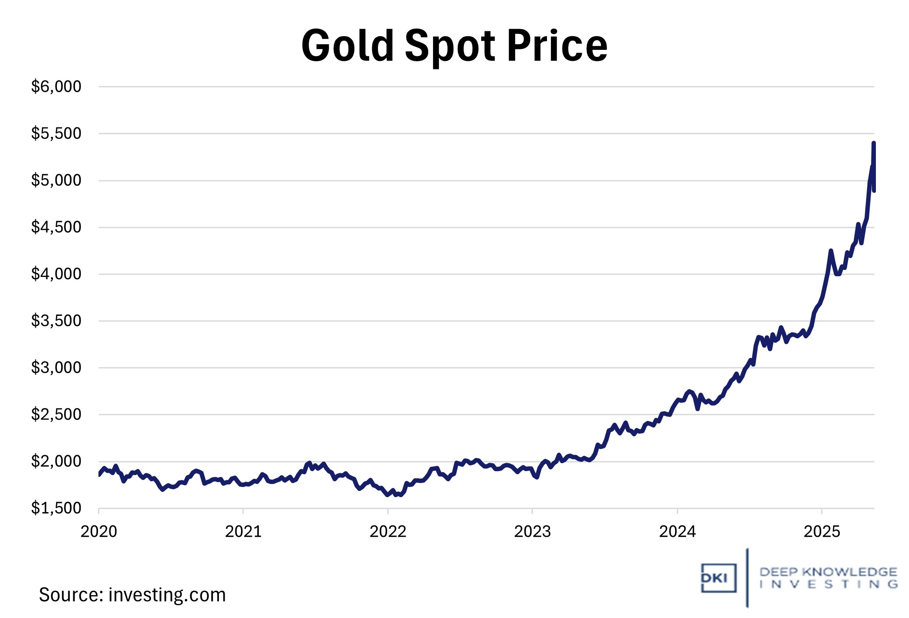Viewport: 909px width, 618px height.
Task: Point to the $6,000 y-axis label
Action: coord(56,86)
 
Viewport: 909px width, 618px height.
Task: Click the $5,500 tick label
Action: coord(56,133)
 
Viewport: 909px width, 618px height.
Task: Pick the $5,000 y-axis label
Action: coord(56,180)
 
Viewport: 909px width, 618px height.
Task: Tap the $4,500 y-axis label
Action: coord(56,227)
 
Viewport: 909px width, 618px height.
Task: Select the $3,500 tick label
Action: coord(56,321)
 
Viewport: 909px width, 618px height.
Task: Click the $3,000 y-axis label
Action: coord(56,367)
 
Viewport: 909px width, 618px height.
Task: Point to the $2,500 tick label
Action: coord(56,414)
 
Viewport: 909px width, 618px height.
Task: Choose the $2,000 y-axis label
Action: coord(56,461)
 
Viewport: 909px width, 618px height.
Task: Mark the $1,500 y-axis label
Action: coord(56,508)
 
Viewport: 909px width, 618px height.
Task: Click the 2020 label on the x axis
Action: coord(98,532)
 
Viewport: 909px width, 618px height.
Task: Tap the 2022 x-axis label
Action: coord(388,532)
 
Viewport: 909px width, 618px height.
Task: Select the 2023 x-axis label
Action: coord(532,532)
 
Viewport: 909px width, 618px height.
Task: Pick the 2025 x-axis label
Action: coord(822,532)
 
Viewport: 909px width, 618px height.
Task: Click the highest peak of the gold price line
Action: coord(873,143)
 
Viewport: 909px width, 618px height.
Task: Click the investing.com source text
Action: coord(167,595)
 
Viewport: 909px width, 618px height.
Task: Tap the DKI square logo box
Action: coord(718,578)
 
